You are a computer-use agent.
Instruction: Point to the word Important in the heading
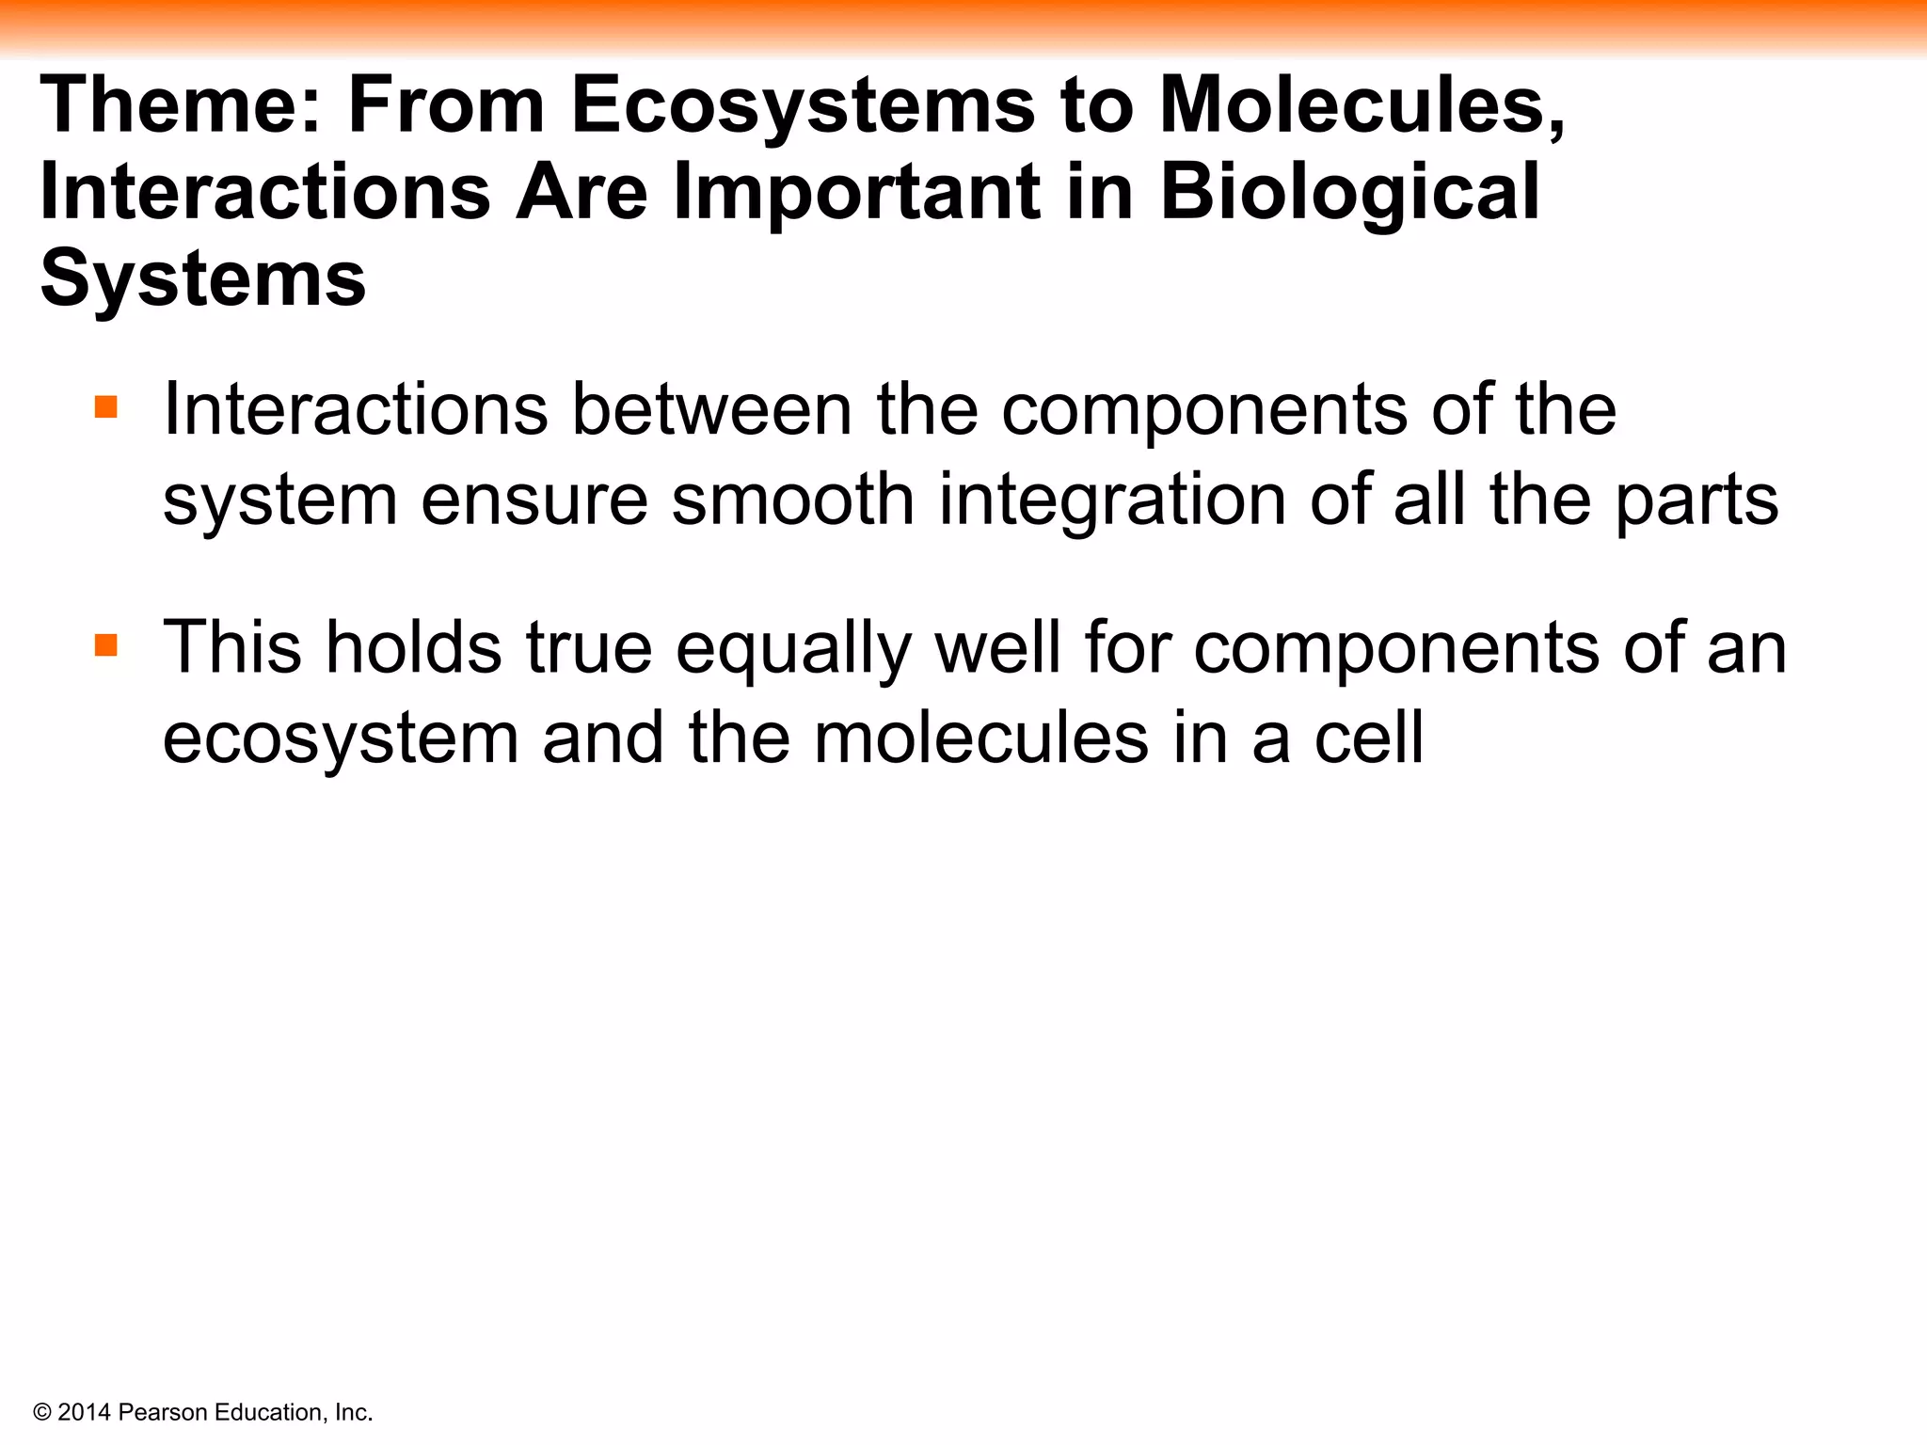[x=856, y=192]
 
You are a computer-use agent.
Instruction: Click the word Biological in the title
[x=1349, y=192]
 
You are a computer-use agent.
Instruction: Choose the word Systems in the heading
[x=202, y=278]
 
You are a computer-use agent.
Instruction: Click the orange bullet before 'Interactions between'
[x=106, y=407]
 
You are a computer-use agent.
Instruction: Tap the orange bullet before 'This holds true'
[x=106, y=646]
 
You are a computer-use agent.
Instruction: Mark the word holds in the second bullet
[x=413, y=648]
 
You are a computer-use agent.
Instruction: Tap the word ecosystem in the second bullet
[x=341, y=738]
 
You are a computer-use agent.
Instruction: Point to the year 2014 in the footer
[x=85, y=1413]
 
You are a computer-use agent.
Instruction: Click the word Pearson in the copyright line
[x=164, y=1413]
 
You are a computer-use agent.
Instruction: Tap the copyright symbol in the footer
[x=41, y=1413]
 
